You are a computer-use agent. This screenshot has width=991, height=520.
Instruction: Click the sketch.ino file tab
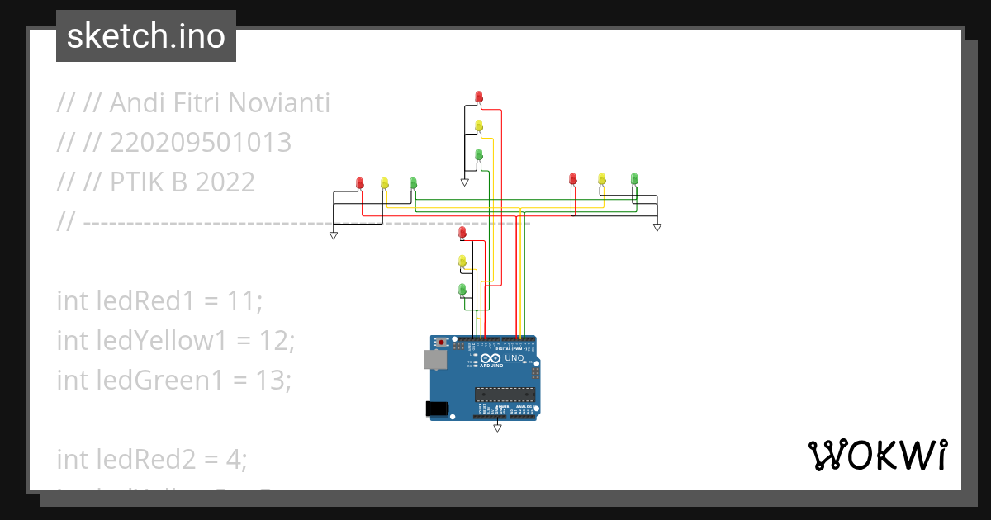tap(146, 36)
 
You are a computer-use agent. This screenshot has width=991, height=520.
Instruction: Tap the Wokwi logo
tap(877, 455)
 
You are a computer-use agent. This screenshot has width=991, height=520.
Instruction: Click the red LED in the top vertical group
tap(479, 97)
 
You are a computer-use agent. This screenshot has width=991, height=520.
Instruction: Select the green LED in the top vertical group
tap(479, 154)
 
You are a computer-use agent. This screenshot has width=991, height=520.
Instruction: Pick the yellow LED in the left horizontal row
tap(384, 182)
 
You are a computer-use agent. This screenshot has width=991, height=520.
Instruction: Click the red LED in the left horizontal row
tap(359, 182)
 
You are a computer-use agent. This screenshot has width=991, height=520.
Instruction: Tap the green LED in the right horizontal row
tap(634, 178)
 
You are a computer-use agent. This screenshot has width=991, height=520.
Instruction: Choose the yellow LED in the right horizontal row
tap(602, 178)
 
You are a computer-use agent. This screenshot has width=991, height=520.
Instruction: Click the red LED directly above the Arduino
tap(462, 233)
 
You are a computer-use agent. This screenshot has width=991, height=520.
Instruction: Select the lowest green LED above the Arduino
tap(462, 289)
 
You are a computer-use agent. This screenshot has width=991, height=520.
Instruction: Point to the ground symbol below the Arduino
tap(497, 428)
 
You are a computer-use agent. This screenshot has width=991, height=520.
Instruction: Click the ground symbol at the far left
tap(334, 235)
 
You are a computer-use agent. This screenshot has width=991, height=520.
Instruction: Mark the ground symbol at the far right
tap(657, 226)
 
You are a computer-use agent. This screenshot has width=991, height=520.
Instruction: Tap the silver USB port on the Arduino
tap(433, 359)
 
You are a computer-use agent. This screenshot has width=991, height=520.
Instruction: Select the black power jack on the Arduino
tap(435, 408)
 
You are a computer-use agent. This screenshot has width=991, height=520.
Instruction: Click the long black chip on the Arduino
tap(505, 395)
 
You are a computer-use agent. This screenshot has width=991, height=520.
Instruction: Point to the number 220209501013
tap(201, 143)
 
